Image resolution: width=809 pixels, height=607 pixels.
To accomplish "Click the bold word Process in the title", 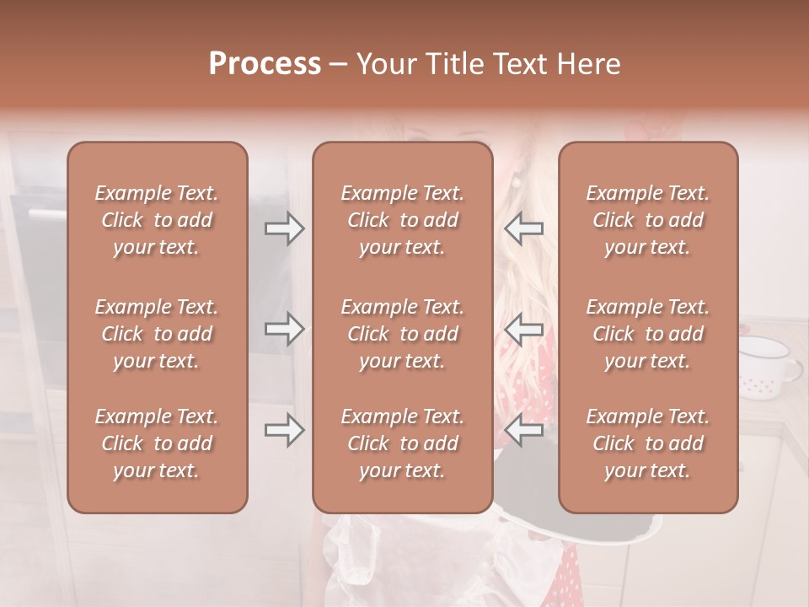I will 265,64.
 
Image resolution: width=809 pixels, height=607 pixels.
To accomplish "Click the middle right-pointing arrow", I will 285,329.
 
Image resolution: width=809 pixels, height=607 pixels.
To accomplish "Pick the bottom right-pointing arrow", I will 285,430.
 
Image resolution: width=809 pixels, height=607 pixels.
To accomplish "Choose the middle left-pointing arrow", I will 524,329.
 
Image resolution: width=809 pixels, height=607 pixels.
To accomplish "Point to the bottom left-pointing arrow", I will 524,430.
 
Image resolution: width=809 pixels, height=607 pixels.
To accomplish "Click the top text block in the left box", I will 157,220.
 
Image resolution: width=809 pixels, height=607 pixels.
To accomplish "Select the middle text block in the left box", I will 157,334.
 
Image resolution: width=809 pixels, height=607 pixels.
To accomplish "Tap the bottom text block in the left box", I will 157,443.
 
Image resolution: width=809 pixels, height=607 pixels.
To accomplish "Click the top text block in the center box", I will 403,220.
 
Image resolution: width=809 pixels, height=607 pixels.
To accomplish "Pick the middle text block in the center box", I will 403,334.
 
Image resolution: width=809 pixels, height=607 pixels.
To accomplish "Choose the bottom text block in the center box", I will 403,443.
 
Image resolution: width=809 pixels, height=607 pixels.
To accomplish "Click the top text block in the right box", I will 648,220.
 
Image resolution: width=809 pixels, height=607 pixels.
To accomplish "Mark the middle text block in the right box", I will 648,334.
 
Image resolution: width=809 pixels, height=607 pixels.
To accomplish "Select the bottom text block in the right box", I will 648,443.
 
